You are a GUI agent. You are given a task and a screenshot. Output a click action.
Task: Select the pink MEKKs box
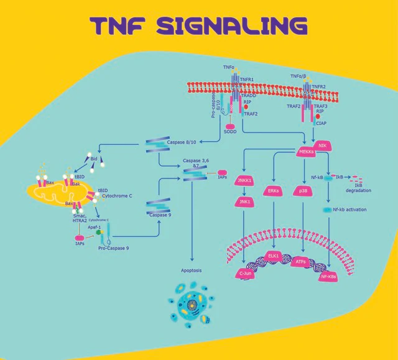pos(305,153)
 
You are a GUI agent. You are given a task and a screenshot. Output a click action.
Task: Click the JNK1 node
pos(247,201)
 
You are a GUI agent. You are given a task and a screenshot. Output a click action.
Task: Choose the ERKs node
pos(274,191)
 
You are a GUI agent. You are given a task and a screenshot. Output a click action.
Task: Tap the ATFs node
pos(301,262)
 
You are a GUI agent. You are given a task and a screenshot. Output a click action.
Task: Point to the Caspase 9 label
pos(161,215)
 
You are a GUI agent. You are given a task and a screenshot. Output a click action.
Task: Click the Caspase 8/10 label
pos(181,143)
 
